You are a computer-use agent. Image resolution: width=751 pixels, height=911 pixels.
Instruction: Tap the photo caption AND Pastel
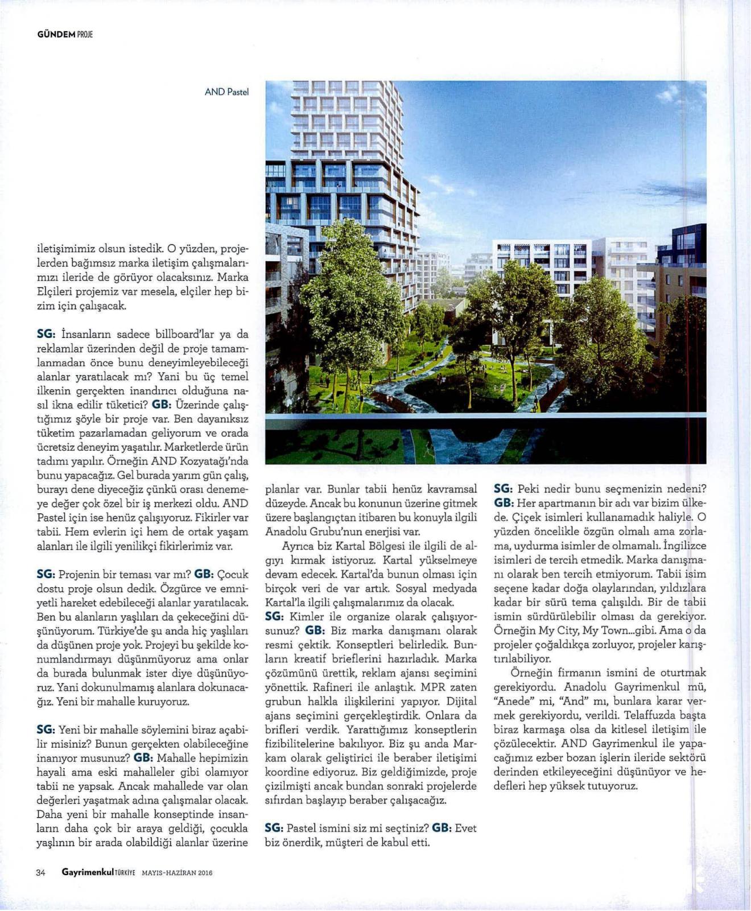pos(226,92)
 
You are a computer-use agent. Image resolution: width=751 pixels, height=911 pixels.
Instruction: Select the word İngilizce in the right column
pos(685,546)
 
